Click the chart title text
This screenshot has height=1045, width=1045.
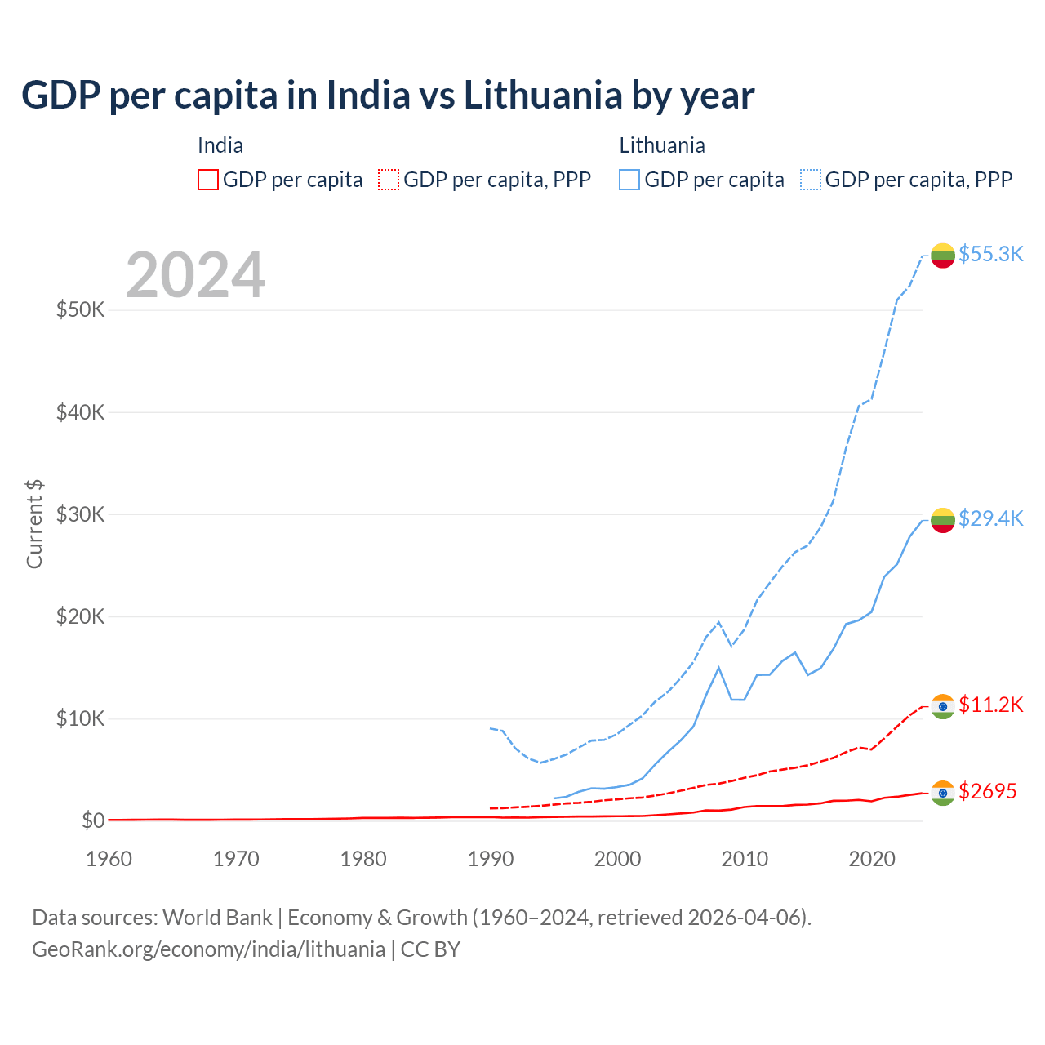click(x=388, y=96)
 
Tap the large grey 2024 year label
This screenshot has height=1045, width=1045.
click(x=195, y=275)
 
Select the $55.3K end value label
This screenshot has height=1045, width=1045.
click(x=990, y=254)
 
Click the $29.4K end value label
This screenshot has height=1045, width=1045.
click(x=990, y=518)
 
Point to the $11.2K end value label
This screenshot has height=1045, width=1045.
click(x=990, y=705)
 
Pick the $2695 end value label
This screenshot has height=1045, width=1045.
click(x=987, y=791)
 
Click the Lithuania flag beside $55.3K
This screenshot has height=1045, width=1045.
click(x=943, y=256)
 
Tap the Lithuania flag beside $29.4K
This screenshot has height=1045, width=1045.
click(x=943, y=520)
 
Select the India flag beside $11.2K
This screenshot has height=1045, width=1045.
click(x=943, y=706)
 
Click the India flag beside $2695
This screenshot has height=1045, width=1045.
click(x=943, y=793)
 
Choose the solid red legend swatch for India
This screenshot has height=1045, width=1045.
click(x=208, y=180)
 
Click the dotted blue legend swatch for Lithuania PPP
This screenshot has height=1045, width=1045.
click(x=811, y=180)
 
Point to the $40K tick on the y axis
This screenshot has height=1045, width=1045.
click(x=81, y=412)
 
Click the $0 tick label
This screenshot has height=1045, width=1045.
click(x=93, y=820)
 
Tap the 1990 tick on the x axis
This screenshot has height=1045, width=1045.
click(x=491, y=859)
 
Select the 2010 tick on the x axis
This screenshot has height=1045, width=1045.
click(x=745, y=859)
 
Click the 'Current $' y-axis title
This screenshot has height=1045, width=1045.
click(x=34, y=524)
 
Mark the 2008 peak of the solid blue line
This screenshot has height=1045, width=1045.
click(x=718, y=668)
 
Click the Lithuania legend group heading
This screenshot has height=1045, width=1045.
click(x=662, y=145)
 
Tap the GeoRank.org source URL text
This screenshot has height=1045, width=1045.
click(x=208, y=949)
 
